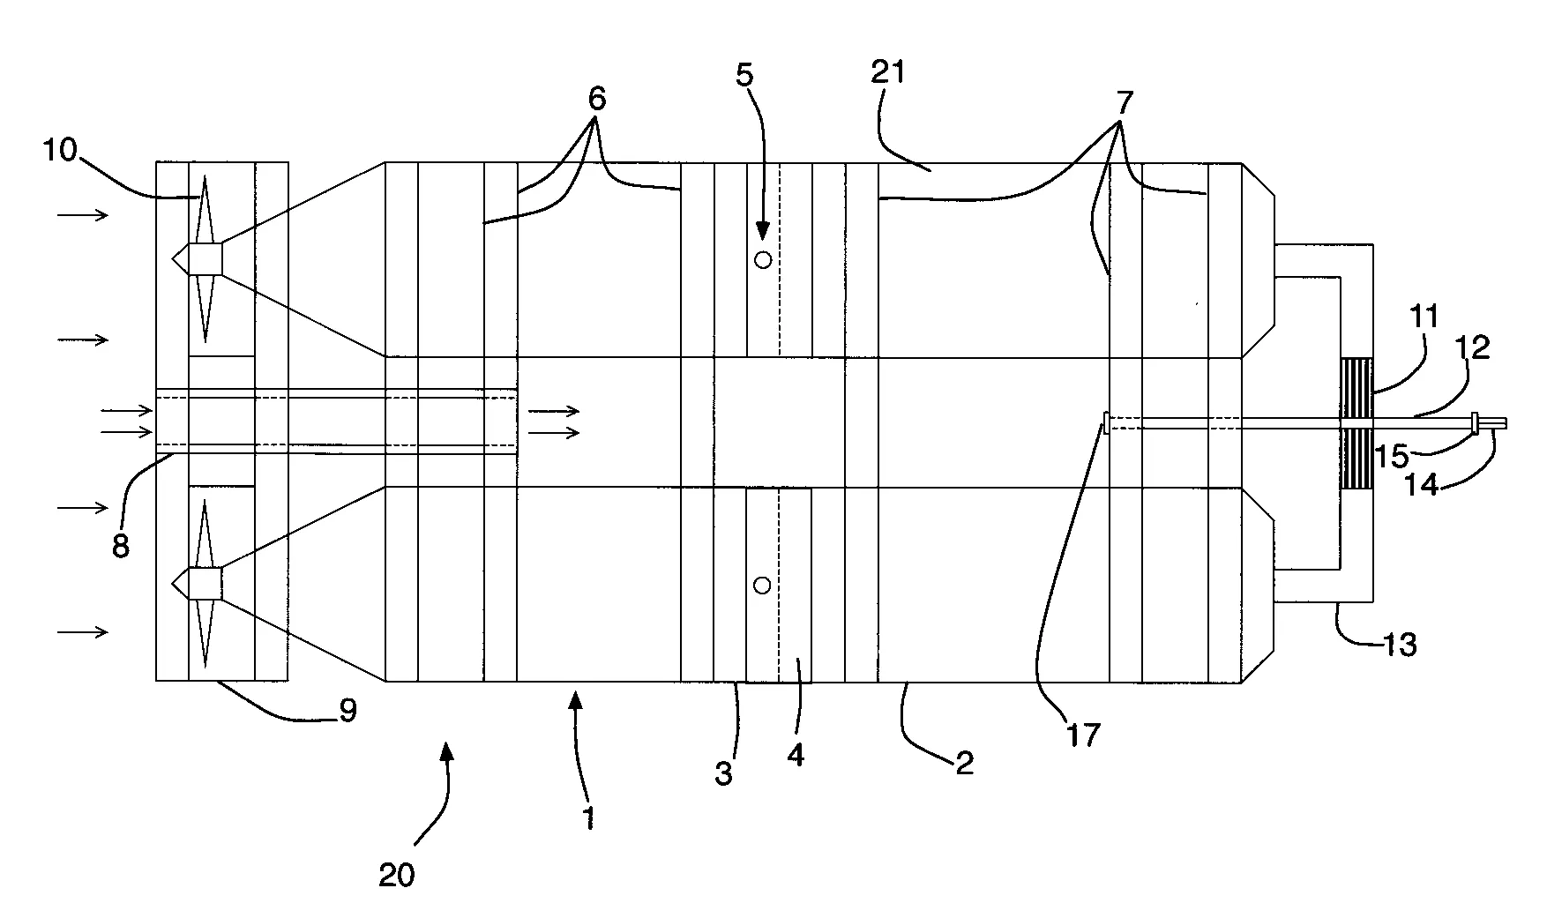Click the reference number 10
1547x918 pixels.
coord(59,153)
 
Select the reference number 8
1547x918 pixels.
coord(120,546)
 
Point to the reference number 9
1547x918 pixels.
coord(348,711)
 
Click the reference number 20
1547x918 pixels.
coord(396,875)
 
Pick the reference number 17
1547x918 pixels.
coord(1083,735)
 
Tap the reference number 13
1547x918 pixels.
coord(1400,645)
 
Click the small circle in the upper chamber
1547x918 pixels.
coord(763,260)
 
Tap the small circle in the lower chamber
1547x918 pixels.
coord(763,586)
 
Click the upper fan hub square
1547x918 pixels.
coord(206,259)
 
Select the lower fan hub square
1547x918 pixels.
coord(206,584)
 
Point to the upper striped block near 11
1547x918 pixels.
coord(1356,387)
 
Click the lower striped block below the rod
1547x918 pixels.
coord(1356,459)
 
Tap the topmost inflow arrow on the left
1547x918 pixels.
coord(84,215)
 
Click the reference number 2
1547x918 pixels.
coord(965,764)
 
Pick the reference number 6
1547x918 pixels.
coord(596,100)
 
